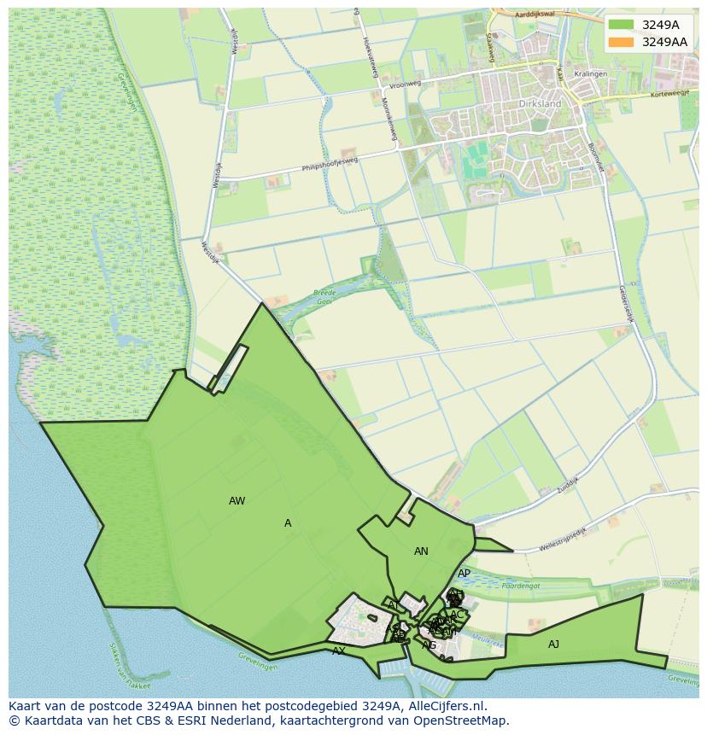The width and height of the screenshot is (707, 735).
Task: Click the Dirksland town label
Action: tap(540, 104)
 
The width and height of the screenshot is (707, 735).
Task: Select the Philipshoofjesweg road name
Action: tap(330, 162)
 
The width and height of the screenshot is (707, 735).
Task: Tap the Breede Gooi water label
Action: tap(325, 295)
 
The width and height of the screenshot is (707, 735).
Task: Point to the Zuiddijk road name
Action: tap(565, 484)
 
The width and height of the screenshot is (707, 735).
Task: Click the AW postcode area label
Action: tap(237, 501)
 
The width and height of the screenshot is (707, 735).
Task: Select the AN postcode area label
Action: tap(421, 551)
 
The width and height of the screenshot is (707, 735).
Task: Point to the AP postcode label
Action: tap(464, 574)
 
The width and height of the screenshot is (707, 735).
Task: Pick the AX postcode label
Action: tap(339, 650)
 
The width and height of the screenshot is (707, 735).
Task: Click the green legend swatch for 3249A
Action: tap(622, 25)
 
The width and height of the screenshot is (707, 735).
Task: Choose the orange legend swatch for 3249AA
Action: tap(622, 42)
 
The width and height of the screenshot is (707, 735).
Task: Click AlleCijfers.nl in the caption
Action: tap(445, 706)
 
